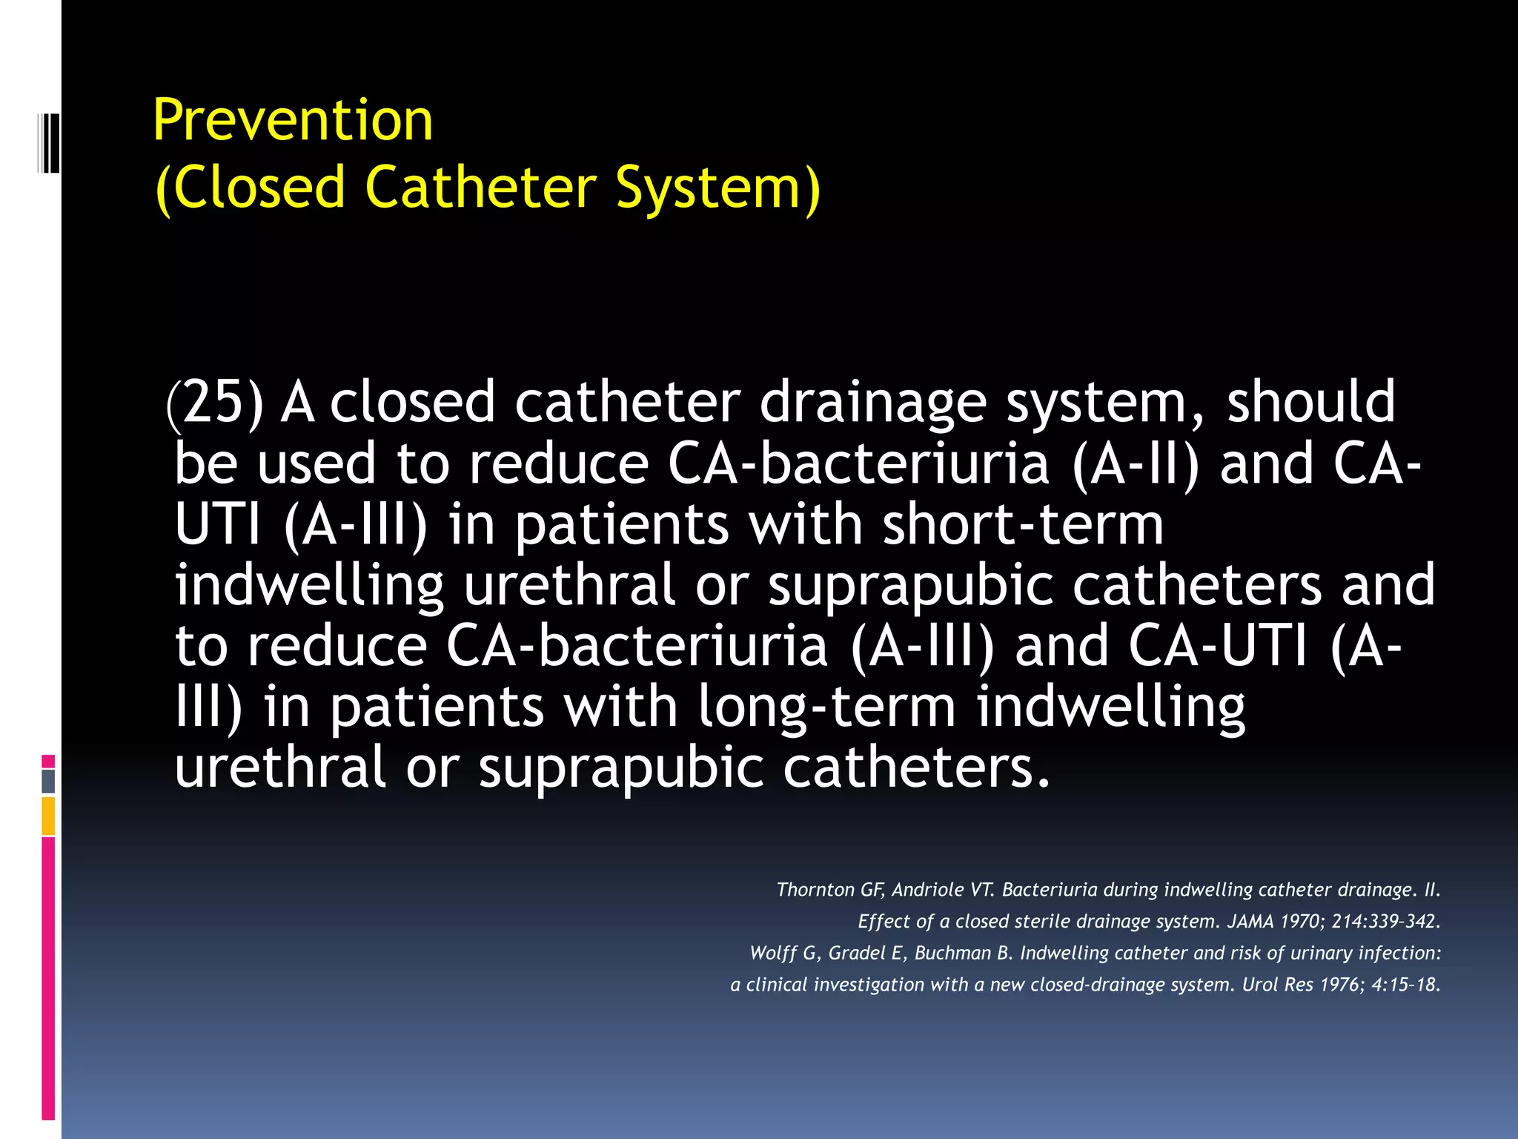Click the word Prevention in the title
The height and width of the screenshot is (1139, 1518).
tap(293, 120)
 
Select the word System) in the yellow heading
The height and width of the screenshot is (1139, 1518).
tap(717, 188)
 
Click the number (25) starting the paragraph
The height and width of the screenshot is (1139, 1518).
tap(215, 402)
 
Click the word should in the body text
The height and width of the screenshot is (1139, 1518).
tap(1310, 401)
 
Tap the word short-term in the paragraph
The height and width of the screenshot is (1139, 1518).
tap(1023, 524)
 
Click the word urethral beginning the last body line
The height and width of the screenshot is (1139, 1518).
tap(279, 767)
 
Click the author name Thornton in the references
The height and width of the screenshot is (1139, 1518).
tap(815, 890)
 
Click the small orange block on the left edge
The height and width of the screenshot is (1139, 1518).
tap(48, 816)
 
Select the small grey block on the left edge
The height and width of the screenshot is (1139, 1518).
tap(48, 781)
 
